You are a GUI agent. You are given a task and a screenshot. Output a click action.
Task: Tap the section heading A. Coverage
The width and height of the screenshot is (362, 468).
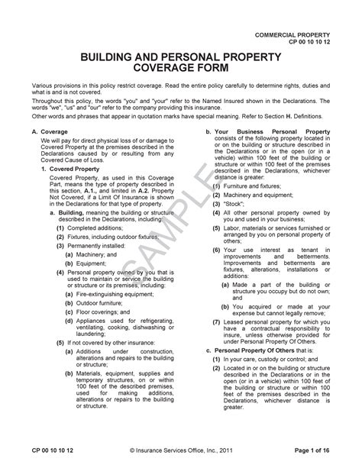click(x=50, y=131)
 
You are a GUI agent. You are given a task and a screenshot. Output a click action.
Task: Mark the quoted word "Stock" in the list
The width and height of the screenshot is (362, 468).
click(x=235, y=205)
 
